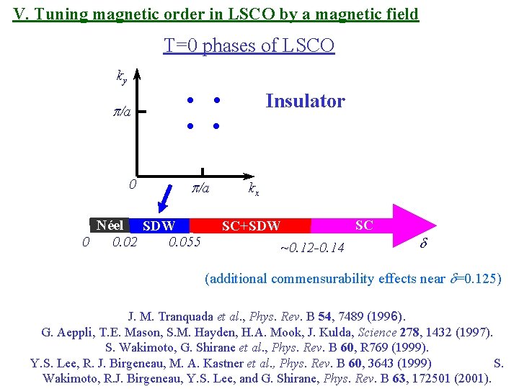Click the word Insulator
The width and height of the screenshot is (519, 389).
pos(305,101)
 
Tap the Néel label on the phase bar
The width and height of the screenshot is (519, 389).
pos(113,225)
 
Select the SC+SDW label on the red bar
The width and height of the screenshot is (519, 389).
pos(251,226)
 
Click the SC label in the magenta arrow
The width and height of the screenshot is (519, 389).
pos(364,225)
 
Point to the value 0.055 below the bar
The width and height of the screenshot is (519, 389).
pos(184,241)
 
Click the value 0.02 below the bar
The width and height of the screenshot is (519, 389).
pos(125,241)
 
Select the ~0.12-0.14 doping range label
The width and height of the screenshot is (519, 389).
pos(311,249)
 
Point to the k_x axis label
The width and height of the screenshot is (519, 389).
pos(254,190)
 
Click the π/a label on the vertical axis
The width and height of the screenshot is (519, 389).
pos(122,112)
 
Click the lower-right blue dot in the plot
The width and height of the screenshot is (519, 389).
pos(216,126)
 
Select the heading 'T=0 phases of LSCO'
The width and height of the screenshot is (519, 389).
pos(249,46)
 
